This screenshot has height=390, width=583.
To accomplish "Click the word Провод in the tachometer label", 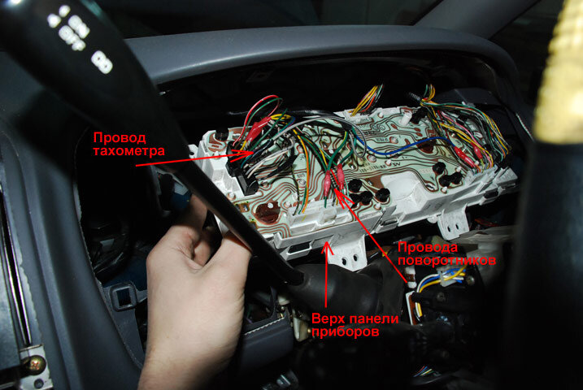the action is point(120,138).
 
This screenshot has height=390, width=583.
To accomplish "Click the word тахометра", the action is point(128,151).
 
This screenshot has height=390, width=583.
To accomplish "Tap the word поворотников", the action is point(446,260).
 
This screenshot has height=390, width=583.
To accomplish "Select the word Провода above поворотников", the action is point(427,247).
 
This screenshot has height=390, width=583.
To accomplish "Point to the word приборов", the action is point(345,331).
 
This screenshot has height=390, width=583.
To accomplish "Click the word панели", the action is point(373,318).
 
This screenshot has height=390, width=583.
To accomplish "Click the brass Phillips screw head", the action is point(34,364).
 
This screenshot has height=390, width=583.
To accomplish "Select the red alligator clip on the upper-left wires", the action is point(259,127).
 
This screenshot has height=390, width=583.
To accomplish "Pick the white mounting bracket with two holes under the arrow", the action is point(350,255).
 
